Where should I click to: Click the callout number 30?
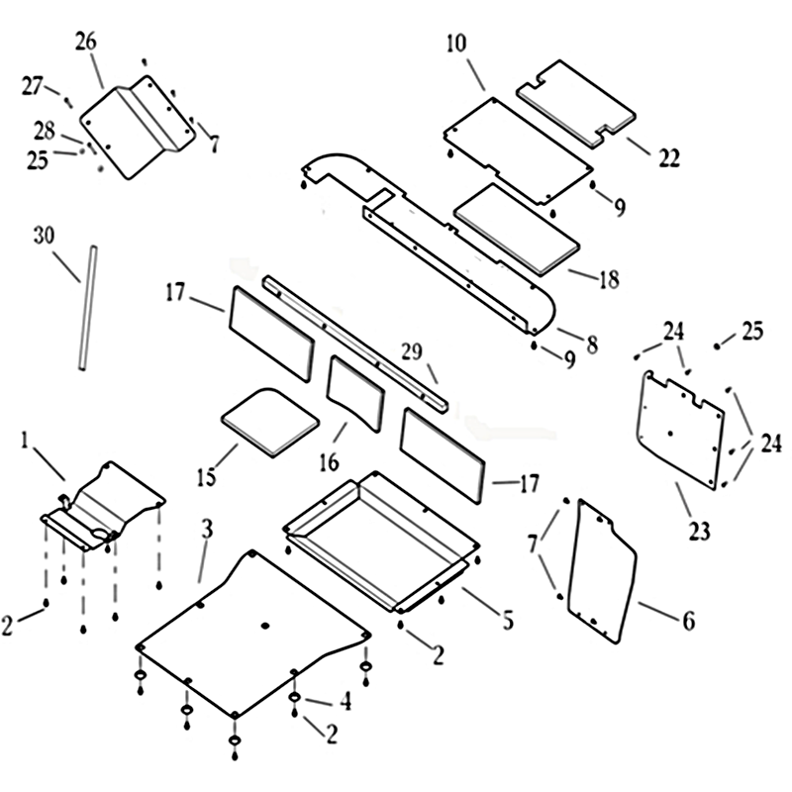point(43,236)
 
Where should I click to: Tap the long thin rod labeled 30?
point(87,307)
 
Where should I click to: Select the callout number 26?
point(86,42)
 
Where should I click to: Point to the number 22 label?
point(669,156)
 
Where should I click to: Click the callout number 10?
point(455,44)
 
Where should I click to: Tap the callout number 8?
point(591,345)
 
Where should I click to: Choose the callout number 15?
point(205,478)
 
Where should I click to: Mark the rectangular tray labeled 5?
point(381,535)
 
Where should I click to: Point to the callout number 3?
point(206,529)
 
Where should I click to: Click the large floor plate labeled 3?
point(252,634)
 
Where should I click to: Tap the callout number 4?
point(345,701)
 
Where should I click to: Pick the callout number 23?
point(699,531)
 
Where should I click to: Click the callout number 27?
point(33,85)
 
